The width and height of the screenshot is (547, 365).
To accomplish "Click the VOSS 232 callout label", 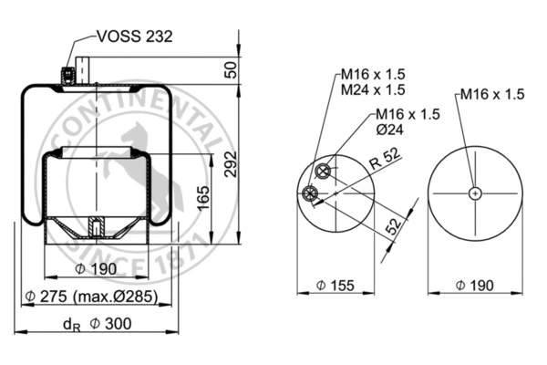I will click(x=133, y=37).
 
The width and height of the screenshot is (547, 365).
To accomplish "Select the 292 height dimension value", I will click(x=230, y=165).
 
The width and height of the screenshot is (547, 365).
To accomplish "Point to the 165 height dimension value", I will click(x=204, y=195).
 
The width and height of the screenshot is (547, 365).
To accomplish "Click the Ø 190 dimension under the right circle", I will click(x=474, y=287).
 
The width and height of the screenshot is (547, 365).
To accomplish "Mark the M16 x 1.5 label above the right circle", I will click(x=491, y=93).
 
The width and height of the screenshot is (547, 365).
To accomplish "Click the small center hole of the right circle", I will click(x=475, y=193).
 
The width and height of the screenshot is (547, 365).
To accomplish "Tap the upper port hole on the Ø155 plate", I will click(x=322, y=172).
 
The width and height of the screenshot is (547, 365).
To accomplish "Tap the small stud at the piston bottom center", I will click(x=95, y=227).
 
